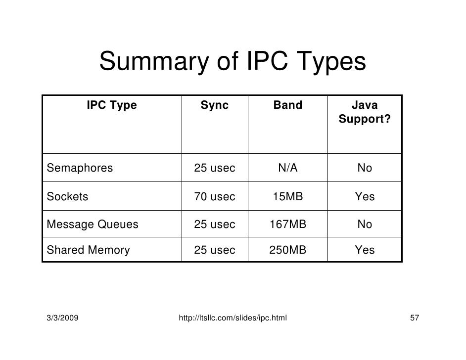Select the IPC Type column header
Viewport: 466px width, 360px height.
[x=111, y=105]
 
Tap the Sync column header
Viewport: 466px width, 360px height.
[x=214, y=105]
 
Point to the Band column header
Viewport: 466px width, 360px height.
[x=287, y=105]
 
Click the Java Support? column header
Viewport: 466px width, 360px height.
[x=364, y=112]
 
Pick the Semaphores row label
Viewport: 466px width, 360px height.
[x=80, y=168]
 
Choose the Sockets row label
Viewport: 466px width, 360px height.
[x=67, y=197]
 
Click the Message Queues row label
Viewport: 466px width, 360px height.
[x=93, y=225]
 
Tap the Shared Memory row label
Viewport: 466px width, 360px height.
[x=88, y=250]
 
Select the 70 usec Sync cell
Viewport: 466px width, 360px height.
[x=214, y=197]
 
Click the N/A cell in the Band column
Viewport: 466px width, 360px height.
[x=287, y=168]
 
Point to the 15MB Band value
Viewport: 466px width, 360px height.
[x=287, y=197]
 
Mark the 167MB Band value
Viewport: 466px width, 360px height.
[x=287, y=225]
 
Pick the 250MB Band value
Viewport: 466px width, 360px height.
[x=287, y=250]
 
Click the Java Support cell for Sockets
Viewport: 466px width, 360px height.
[x=365, y=197]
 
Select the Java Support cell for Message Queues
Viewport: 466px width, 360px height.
[x=365, y=225]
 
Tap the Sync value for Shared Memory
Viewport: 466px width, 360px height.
[x=214, y=250]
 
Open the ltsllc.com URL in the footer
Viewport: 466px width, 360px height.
[x=233, y=316]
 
